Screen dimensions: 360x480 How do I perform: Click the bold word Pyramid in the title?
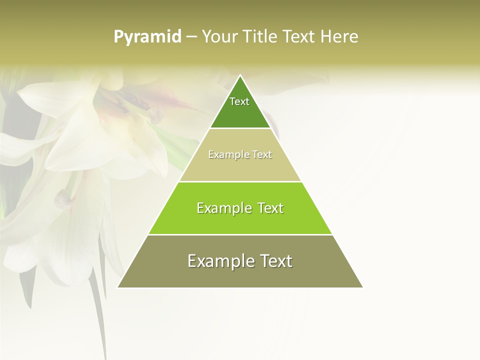(147, 37)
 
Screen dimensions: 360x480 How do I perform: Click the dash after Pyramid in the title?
(191, 37)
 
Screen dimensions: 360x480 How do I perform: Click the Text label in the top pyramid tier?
(239, 101)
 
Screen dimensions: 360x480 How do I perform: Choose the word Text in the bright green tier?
(269, 208)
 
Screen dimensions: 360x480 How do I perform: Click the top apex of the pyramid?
(240, 76)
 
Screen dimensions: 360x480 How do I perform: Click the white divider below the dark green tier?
(240, 128)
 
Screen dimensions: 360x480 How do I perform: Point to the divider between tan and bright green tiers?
(240, 181)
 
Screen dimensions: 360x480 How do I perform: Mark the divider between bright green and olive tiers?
(240, 234)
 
